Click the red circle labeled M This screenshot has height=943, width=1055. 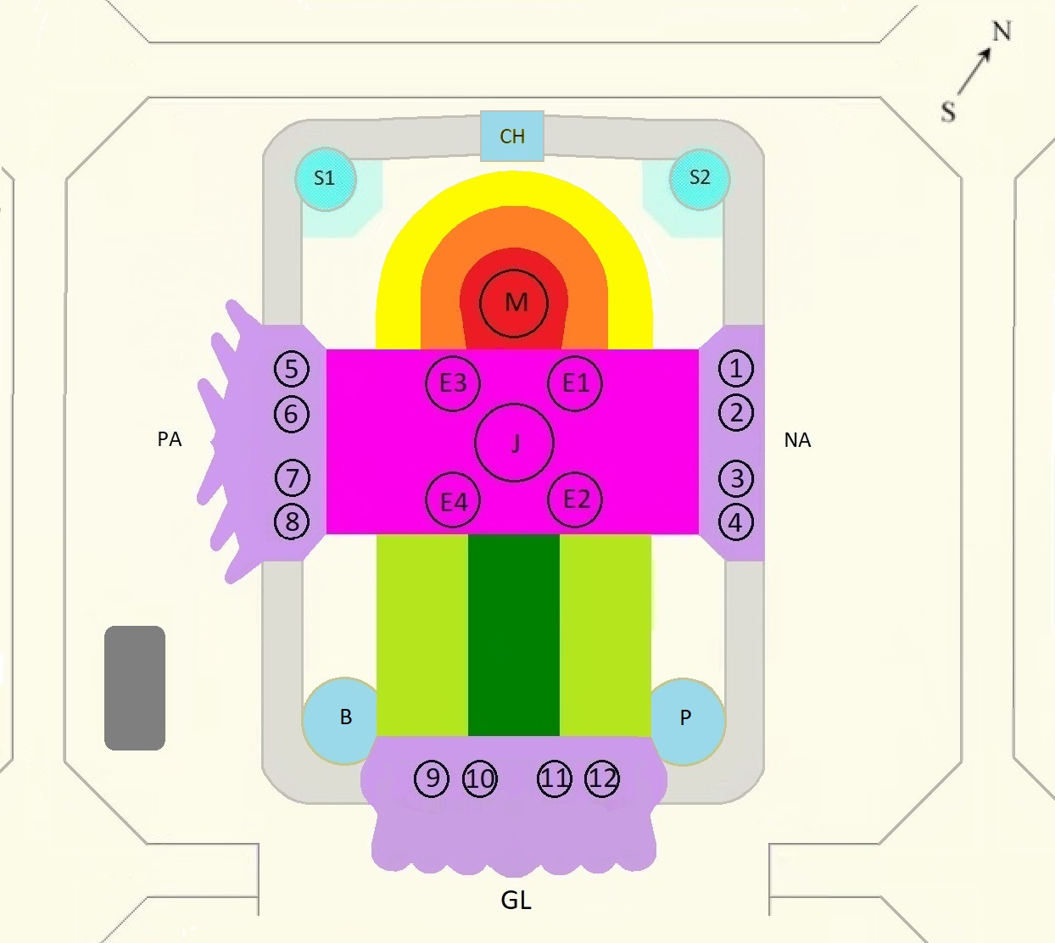(x=514, y=303)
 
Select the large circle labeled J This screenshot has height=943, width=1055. (x=515, y=443)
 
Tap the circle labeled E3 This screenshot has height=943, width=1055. (x=453, y=384)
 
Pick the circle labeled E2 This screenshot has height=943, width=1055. (x=575, y=499)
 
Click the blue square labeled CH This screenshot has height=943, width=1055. (x=512, y=136)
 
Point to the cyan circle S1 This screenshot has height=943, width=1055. (x=326, y=179)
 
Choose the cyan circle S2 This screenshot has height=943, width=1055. (x=700, y=179)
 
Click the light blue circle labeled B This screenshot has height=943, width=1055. (x=341, y=721)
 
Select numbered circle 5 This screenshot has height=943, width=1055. (x=292, y=369)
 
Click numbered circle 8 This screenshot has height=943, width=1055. (x=292, y=522)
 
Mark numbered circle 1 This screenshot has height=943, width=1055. (x=736, y=368)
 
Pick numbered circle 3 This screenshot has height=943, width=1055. (x=736, y=478)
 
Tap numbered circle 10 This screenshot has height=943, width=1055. (x=480, y=779)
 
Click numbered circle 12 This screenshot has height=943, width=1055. (x=602, y=779)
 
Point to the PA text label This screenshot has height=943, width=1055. (x=170, y=439)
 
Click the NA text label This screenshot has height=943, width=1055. (x=797, y=440)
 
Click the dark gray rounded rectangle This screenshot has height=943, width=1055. (x=135, y=688)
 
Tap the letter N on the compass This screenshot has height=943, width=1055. (x=1002, y=31)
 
